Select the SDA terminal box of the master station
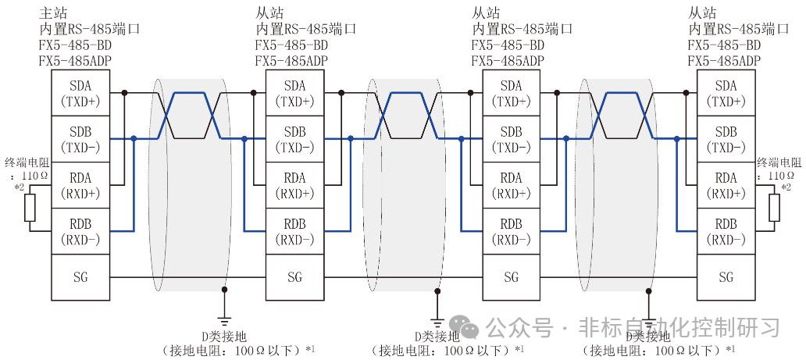coord(80,93)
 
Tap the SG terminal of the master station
coord(80,276)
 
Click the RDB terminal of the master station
coord(80,231)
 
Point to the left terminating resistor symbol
coord(30,209)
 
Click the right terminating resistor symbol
coord(775,209)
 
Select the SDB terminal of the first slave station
coord(294,139)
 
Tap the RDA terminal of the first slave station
coord(294,185)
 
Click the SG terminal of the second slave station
coord(511,276)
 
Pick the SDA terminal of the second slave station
coord(511,93)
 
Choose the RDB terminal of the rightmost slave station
coord(726,231)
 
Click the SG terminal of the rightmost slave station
coord(726,276)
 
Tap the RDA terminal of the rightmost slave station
coord(726,185)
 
